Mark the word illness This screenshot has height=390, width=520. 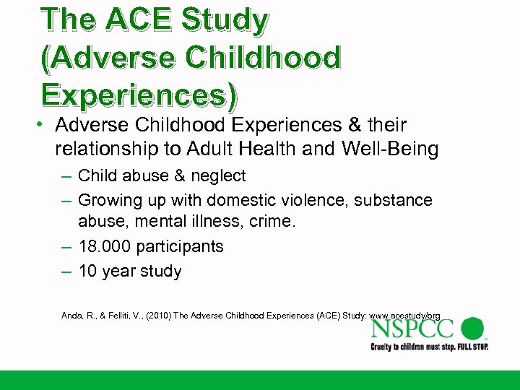[214, 222]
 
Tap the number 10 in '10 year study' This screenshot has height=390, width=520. [88, 272]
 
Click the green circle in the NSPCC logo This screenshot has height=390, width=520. [472, 329]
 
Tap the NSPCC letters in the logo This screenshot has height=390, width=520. [412, 329]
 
